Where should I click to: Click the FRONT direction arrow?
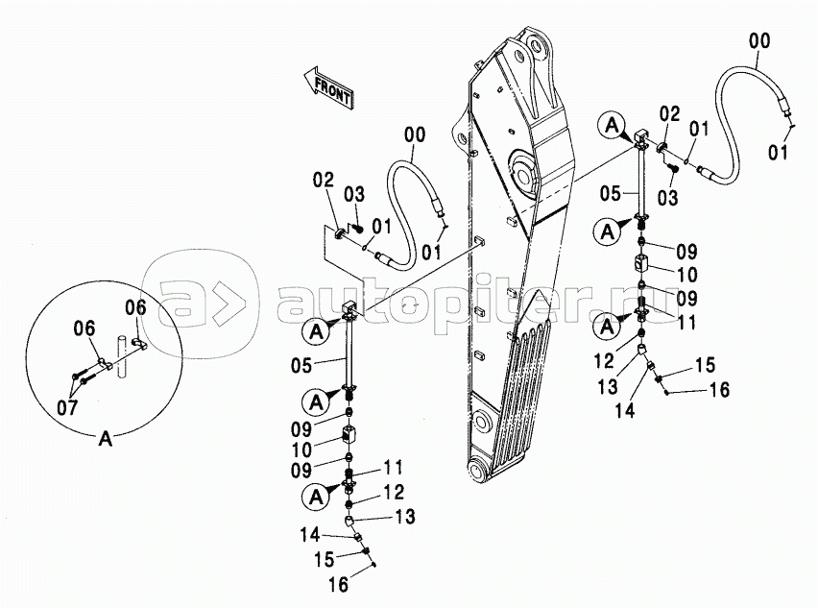click(328, 87)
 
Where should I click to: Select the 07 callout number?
click(67, 406)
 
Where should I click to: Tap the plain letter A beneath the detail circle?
click(106, 439)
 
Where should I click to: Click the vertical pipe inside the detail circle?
click(123, 356)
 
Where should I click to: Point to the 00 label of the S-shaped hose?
click(759, 40)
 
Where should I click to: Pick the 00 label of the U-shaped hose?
click(415, 134)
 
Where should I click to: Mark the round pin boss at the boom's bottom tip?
click(479, 467)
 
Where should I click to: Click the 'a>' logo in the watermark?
click(201, 303)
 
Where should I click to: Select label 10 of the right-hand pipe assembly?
click(686, 275)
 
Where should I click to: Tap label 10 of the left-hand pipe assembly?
click(301, 450)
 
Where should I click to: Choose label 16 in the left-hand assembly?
click(339, 585)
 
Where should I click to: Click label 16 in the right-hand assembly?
click(719, 389)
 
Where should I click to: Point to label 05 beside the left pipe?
click(301, 365)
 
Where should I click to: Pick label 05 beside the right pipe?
click(611, 194)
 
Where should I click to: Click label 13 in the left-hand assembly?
click(405, 517)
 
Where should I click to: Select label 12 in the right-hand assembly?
click(604, 360)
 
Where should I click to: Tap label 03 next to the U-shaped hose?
click(354, 194)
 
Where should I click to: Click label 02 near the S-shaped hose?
click(669, 113)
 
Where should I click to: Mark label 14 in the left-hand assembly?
click(309, 534)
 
